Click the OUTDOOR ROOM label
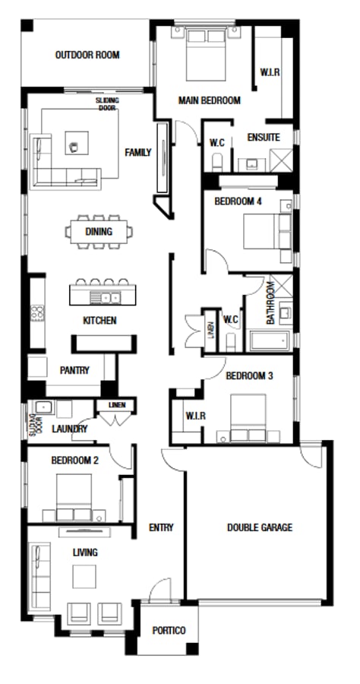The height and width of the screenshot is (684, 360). (x=87, y=55)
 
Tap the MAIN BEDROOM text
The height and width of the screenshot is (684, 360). (x=209, y=100)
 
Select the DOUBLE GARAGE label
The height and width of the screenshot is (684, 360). (x=260, y=527)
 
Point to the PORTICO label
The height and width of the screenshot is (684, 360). (x=169, y=630)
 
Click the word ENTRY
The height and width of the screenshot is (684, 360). (x=161, y=527)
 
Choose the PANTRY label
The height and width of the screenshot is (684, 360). (x=74, y=370)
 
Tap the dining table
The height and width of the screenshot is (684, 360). (x=99, y=232)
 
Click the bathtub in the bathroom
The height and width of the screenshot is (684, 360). (x=270, y=340)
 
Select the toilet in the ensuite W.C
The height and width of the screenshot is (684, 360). (x=217, y=163)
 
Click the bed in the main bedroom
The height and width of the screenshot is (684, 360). (x=206, y=54)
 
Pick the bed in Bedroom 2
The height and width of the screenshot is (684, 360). (x=74, y=497)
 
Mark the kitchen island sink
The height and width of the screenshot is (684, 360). (x=105, y=298)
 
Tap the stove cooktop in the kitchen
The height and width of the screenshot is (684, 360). (x=37, y=313)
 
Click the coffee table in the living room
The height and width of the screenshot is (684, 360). (x=84, y=576)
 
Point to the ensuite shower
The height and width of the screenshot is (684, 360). (x=281, y=160)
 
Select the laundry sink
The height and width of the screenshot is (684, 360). (x=45, y=407)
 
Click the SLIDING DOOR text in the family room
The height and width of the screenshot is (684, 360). (x=107, y=104)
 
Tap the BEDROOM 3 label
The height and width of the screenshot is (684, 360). (x=250, y=375)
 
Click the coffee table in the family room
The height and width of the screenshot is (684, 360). (x=77, y=143)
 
